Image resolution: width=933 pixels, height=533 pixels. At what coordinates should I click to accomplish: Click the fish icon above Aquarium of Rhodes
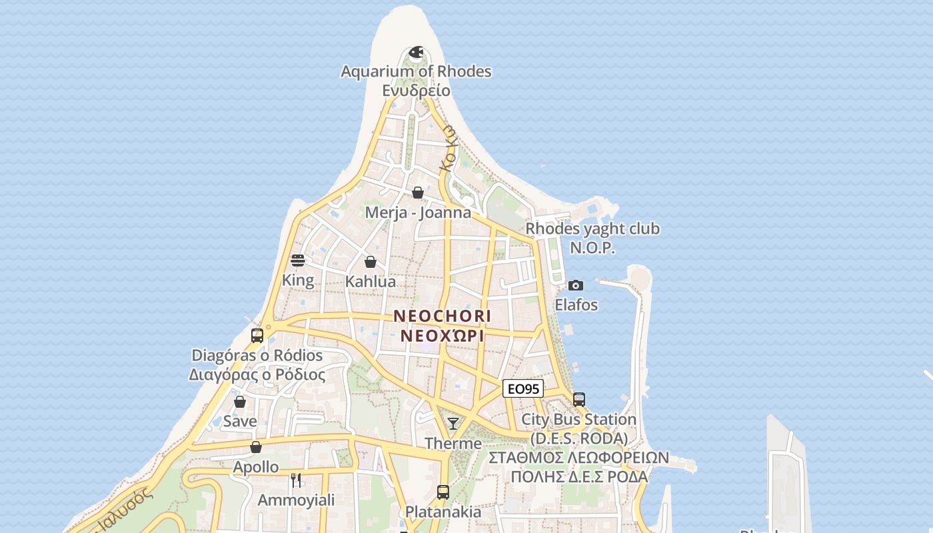417,52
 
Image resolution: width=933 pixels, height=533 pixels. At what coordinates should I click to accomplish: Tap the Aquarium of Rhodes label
416,71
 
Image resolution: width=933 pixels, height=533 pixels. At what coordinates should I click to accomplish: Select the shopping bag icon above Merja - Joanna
418,193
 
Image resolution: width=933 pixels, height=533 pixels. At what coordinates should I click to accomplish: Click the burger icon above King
298,260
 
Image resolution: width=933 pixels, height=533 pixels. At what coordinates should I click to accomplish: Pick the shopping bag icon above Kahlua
371,262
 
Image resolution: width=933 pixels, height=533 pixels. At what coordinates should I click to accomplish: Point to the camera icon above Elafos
576,285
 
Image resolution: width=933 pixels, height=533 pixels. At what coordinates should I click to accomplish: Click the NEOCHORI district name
442,316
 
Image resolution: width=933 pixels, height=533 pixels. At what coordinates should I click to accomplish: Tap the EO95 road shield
522,389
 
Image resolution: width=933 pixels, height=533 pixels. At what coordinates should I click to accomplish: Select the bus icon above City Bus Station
579,400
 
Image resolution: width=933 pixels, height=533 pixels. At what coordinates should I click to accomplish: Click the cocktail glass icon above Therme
453,423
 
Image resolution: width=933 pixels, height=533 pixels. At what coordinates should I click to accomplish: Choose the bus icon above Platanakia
443,492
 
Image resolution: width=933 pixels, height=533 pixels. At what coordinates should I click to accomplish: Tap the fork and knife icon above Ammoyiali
296,480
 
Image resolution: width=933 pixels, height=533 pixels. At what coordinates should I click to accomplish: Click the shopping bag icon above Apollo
256,447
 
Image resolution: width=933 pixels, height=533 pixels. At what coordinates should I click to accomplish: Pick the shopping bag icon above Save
240,402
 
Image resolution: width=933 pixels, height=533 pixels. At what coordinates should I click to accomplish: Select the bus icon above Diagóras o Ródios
257,335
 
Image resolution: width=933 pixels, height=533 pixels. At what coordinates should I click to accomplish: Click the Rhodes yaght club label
592,229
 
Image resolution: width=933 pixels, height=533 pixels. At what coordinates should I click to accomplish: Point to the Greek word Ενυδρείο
417,91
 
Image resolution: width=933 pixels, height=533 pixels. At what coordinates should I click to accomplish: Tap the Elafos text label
576,305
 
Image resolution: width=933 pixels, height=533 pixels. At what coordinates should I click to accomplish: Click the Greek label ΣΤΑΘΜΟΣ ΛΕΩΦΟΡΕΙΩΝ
578,458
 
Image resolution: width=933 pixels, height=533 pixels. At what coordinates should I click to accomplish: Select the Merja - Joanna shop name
418,213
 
